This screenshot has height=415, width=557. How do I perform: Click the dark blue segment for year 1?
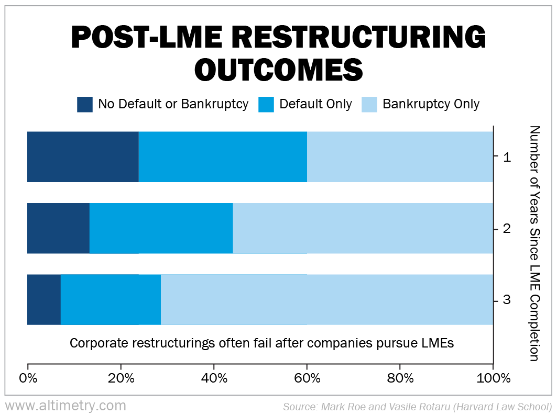click(x=83, y=156)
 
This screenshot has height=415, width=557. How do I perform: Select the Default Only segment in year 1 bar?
click(x=223, y=156)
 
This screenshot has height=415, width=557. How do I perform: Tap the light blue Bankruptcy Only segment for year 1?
click(x=400, y=156)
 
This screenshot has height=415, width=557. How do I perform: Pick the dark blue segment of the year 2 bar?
click(x=58, y=228)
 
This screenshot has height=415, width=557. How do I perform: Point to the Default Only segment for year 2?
click(x=161, y=228)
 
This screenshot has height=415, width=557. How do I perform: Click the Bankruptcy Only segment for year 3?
click(x=326, y=299)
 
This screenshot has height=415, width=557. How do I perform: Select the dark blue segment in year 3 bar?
click(x=44, y=299)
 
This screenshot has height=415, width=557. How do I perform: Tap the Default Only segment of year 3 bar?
click(x=111, y=299)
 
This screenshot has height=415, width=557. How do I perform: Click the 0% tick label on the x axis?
click(x=28, y=378)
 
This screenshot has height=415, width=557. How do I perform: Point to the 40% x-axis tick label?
click(x=214, y=378)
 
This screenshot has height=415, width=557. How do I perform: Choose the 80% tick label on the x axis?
click(x=400, y=378)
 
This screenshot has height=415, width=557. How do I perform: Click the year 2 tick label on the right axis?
click(x=507, y=229)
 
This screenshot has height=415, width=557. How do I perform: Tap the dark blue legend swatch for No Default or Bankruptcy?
click(x=85, y=104)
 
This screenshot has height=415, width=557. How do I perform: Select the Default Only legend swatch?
click(x=266, y=104)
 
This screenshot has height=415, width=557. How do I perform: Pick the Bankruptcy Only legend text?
click(x=431, y=104)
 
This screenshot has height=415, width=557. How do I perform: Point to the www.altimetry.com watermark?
click(x=65, y=406)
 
